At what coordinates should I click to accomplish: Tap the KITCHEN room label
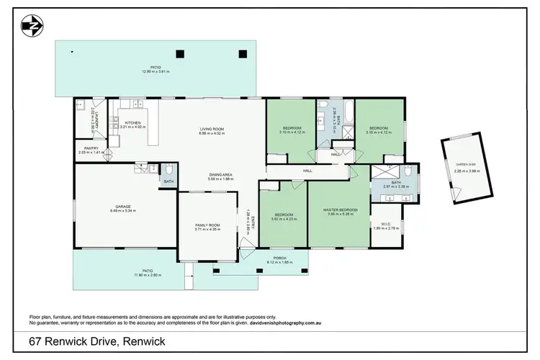[132, 122]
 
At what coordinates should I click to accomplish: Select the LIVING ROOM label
[212, 129]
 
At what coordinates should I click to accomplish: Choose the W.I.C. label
[386, 223]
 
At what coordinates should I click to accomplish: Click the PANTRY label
[91, 148]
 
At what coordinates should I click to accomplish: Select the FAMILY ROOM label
[207, 225]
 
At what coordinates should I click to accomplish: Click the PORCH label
[279, 258]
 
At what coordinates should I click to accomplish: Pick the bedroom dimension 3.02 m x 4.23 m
[284, 218]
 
